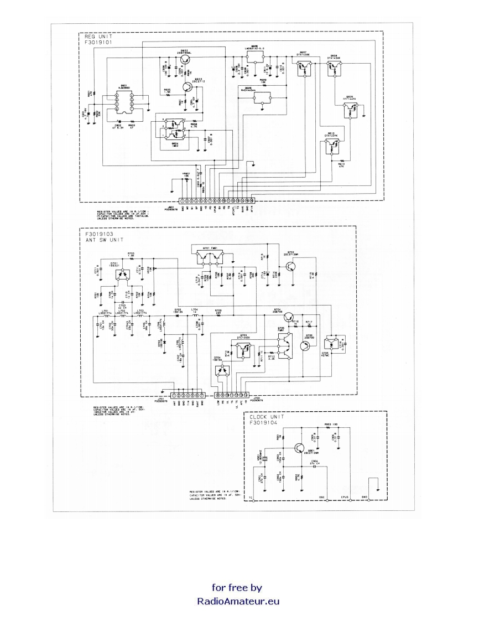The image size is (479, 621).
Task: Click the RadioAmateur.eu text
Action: [238, 601]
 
